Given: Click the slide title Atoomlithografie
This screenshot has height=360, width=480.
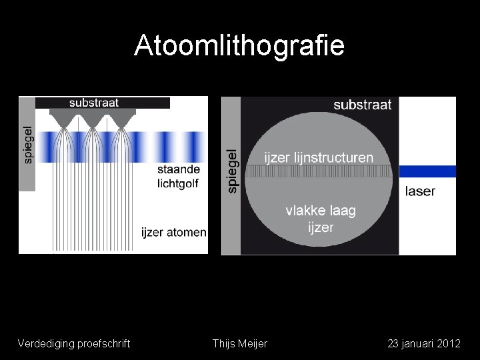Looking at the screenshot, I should (x=239, y=45).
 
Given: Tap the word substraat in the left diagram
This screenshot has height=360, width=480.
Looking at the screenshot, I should (x=94, y=103).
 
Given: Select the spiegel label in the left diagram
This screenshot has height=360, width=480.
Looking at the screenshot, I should (x=27, y=145).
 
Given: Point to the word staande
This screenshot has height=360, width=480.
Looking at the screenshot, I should (x=179, y=169).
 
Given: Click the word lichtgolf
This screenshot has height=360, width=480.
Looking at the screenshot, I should (x=179, y=183).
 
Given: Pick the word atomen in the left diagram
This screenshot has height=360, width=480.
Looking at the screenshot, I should (x=186, y=233).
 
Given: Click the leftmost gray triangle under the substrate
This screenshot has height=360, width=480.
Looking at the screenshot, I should (x=64, y=118).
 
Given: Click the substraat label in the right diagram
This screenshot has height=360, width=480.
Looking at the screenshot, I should (x=362, y=105).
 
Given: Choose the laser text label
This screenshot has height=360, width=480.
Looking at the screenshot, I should (x=420, y=191).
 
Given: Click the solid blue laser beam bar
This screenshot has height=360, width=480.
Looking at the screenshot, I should (x=427, y=171).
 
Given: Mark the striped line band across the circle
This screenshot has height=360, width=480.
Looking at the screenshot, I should (x=319, y=171).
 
